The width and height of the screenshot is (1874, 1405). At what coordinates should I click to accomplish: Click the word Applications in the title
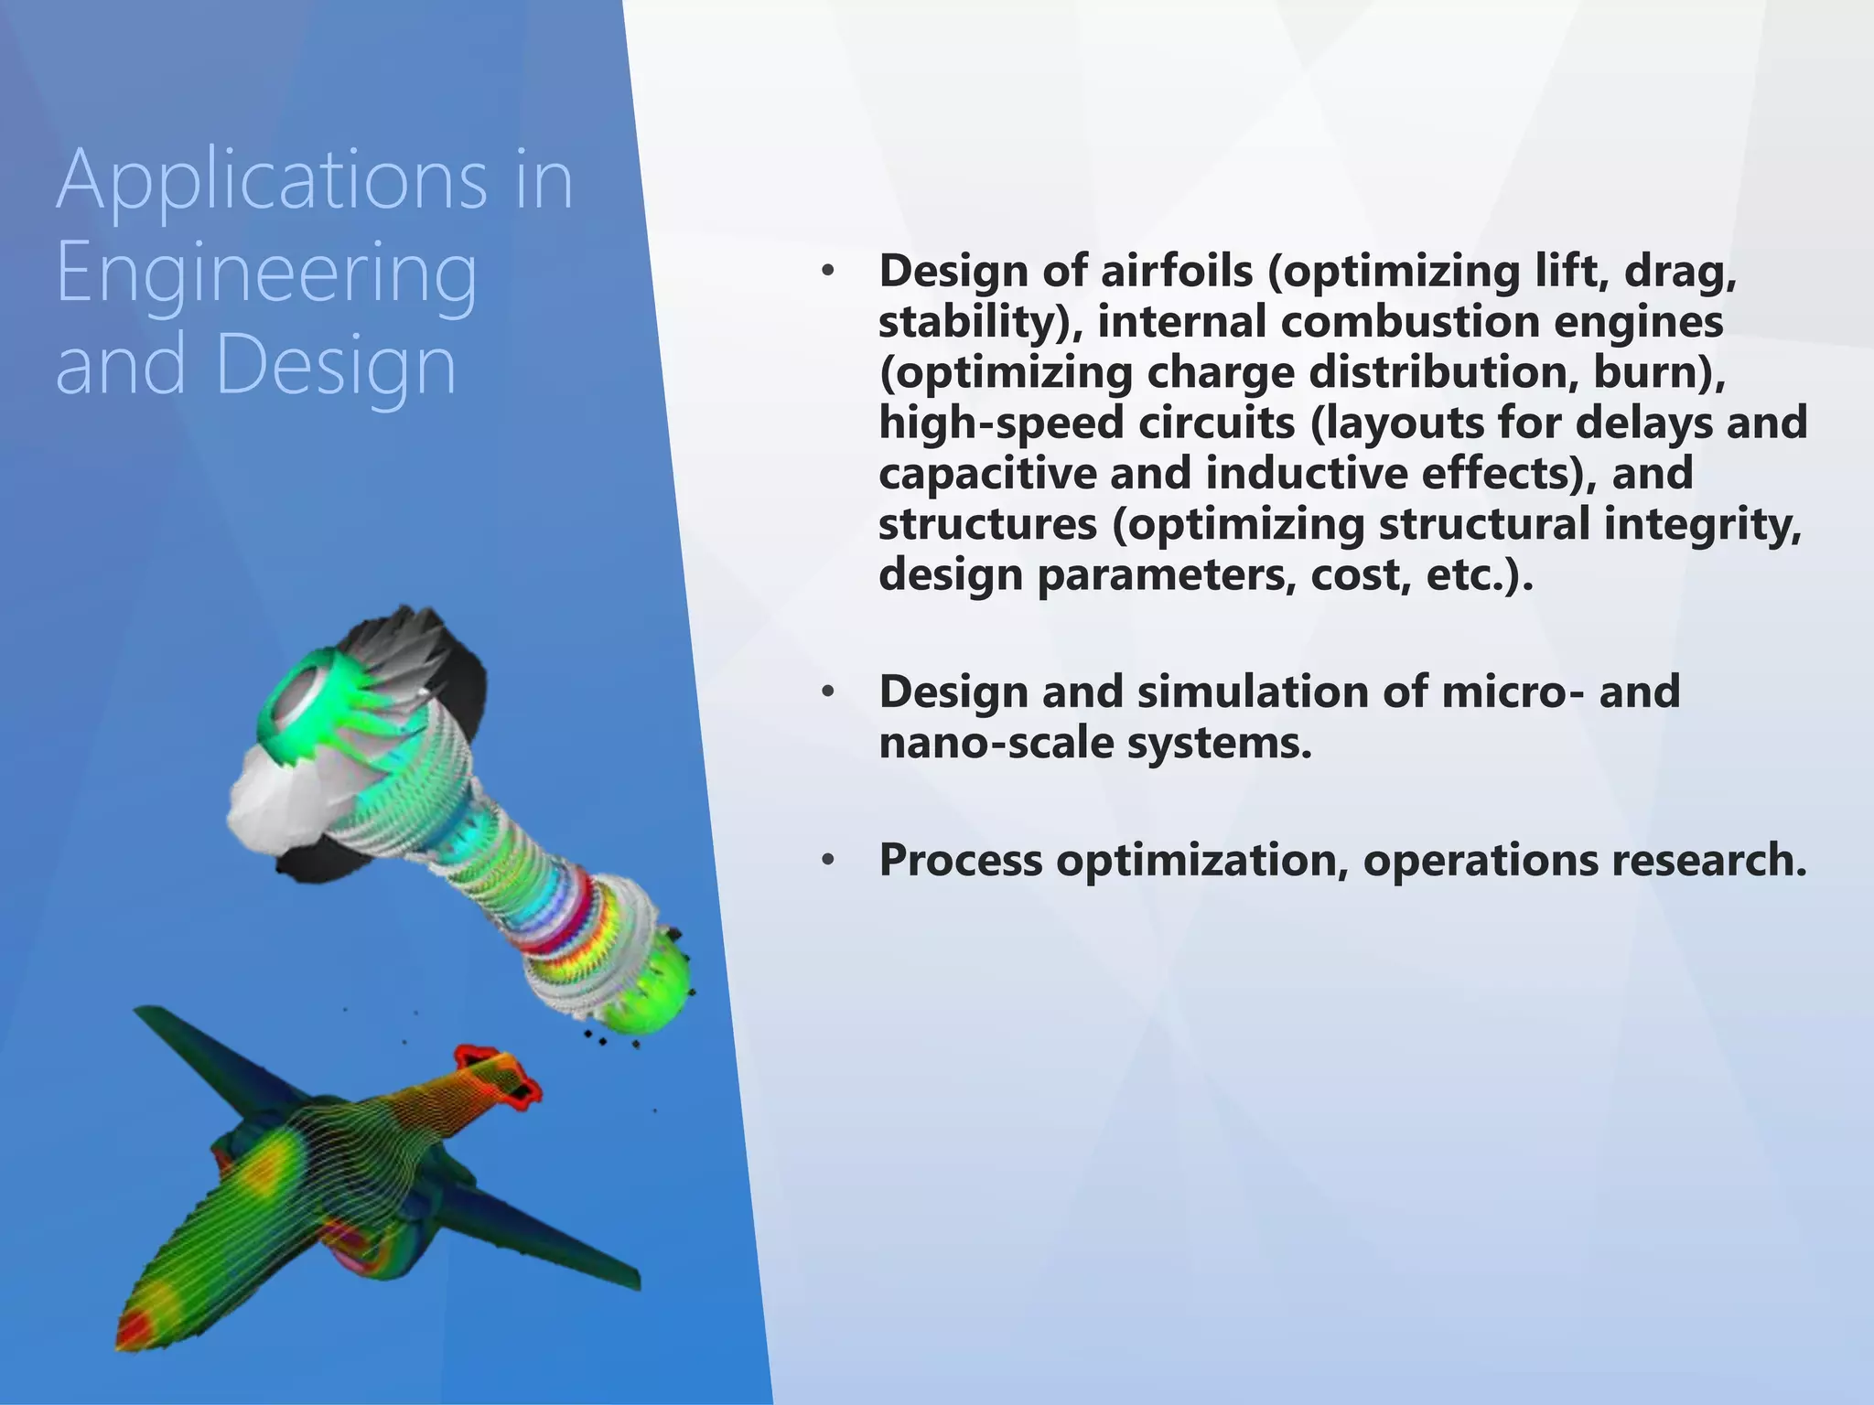point(272,179)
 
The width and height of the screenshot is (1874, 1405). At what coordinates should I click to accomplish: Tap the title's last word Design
point(336,365)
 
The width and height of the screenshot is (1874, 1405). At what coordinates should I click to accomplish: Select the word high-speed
point(1000,424)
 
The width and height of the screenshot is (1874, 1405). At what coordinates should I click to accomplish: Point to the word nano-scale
point(996,743)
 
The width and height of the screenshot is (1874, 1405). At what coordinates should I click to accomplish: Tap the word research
point(1708,861)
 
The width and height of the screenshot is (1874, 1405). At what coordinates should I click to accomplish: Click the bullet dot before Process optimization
point(827,861)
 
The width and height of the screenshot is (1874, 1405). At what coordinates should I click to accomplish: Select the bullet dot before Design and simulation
point(827,692)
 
